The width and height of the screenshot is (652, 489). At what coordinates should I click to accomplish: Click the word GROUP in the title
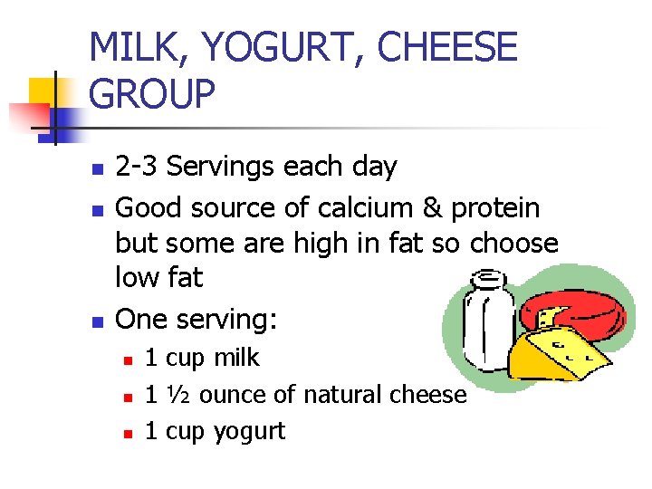pyautogui.click(x=153, y=94)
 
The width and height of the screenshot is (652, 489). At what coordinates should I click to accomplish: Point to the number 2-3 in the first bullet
pyautogui.click(x=139, y=167)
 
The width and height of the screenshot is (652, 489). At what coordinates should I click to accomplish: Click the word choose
pyautogui.click(x=514, y=244)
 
